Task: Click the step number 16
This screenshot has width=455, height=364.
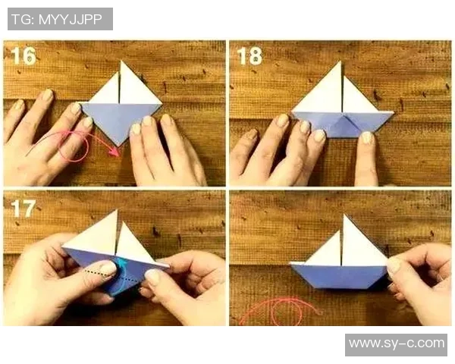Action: pyautogui.click(x=24, y=55)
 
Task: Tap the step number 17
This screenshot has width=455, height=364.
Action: pyautogui.click(x=24, y=208)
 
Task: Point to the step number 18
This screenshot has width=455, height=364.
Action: pyautogui.click(x=249, y=55)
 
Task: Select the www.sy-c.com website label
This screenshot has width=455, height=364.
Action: pyautogui.click(x=397, y=344)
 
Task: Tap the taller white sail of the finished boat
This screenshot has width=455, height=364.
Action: pyautogui.click(x=362, y=245)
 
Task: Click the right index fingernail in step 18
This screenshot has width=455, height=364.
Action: pyautogui.click(x=367, y=138)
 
